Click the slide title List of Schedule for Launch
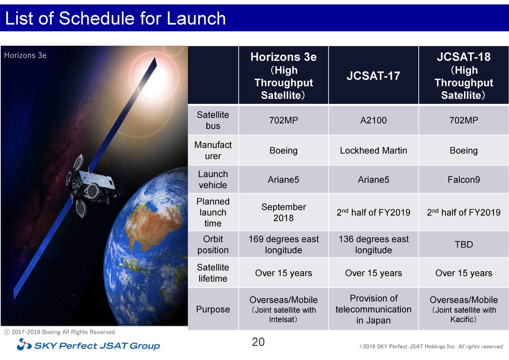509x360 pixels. coord(115,18)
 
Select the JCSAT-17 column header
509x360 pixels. coord(373,76)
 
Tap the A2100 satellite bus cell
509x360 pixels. coord(373,121)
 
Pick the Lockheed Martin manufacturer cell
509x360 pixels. coord(373,151)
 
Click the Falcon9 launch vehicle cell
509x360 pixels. coord(463,180)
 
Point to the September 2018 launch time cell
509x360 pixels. coord(283,212)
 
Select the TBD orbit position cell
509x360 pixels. coord(463,244)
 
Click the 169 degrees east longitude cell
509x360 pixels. coord(283,245)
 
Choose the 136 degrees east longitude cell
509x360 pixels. coord(373,245)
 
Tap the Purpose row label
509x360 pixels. coord(213,309)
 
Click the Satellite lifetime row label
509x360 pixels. coord(213,273)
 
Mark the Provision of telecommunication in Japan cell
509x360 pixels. coord(373,309)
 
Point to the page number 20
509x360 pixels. coord(258,342)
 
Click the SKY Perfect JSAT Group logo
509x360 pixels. coord(88,345)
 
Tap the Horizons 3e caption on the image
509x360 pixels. coord(25,55)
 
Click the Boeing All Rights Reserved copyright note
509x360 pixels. coord(60,332)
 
